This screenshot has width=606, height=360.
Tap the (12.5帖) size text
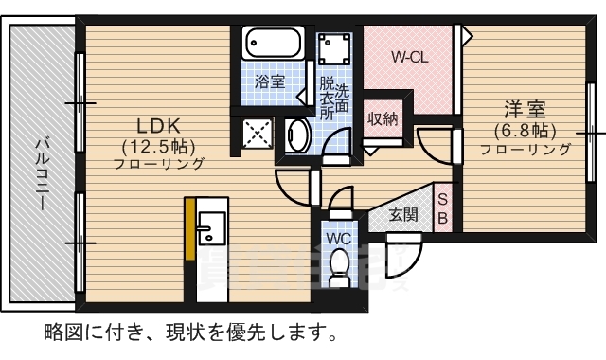(158, 146)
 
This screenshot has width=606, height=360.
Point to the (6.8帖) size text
(524, 130)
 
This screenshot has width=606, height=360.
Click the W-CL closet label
(412, 57)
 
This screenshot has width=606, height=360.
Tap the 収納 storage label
(383, 118)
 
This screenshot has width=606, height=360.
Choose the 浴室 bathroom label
(270, 81)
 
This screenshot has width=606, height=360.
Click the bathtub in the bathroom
(272, 44)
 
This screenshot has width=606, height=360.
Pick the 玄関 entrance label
(403, 214)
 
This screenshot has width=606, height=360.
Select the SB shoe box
(442, 207)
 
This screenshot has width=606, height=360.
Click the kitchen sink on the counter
(210, 228)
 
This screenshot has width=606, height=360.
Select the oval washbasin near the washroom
(297, 135)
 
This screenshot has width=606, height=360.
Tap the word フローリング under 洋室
(526, 149)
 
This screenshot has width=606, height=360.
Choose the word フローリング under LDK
(159, 163)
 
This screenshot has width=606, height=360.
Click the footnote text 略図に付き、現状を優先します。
(189, 333)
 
